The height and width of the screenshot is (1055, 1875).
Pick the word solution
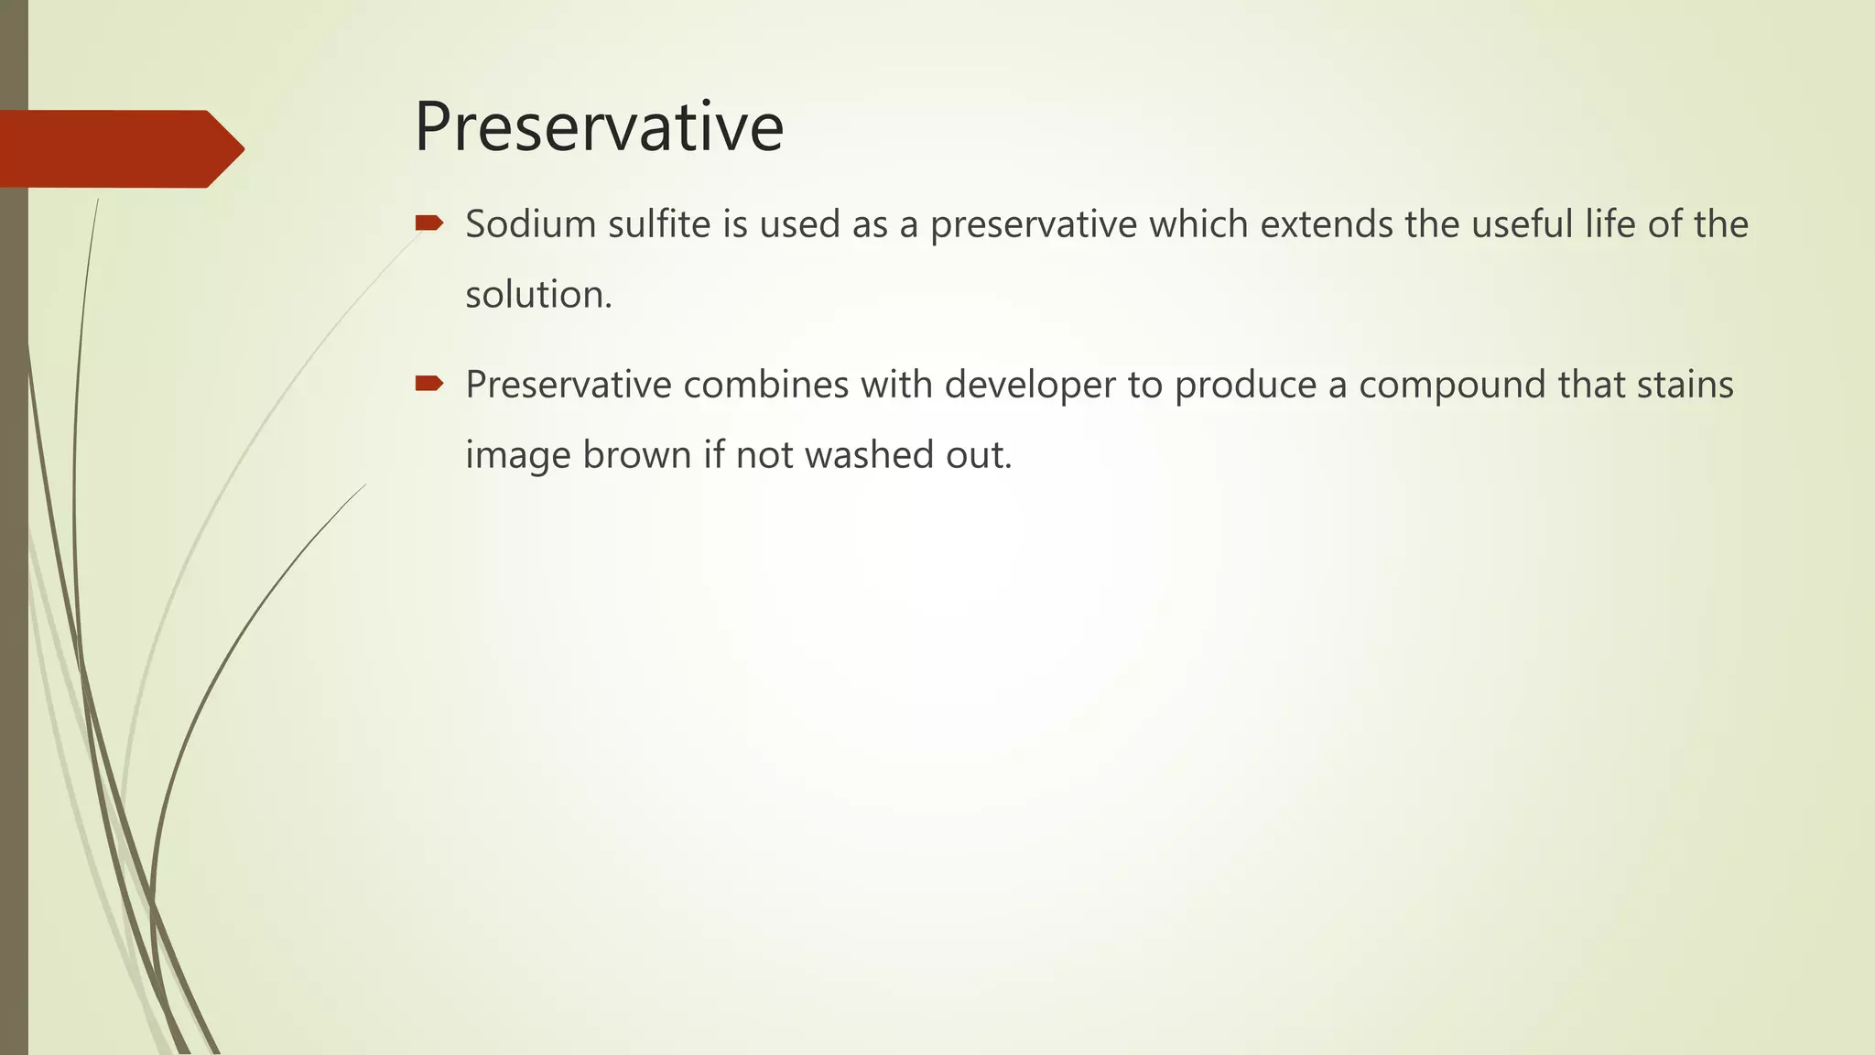point(538,295)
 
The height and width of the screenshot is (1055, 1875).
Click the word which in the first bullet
point(1198,224)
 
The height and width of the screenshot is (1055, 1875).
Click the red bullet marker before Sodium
point(428,223)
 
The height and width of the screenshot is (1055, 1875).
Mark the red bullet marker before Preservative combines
point(428,383)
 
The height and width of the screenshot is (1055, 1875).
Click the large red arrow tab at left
point(119,148)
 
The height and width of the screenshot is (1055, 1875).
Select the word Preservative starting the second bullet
point(569,385)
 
